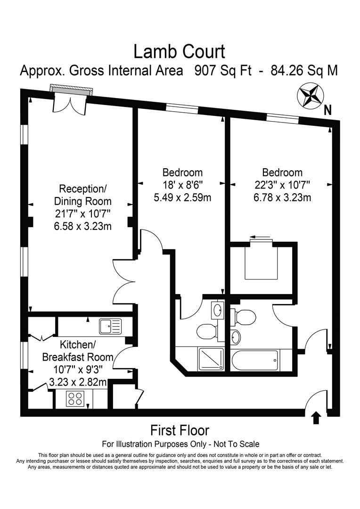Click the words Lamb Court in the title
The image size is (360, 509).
179,51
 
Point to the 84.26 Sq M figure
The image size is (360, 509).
304,71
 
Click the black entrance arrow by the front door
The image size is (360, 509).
316,417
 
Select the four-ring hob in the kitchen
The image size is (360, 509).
74,399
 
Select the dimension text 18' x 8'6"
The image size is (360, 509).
182,185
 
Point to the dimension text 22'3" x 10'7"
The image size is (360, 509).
282,185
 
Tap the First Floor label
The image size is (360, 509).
180,430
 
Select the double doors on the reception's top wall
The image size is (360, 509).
70,102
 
